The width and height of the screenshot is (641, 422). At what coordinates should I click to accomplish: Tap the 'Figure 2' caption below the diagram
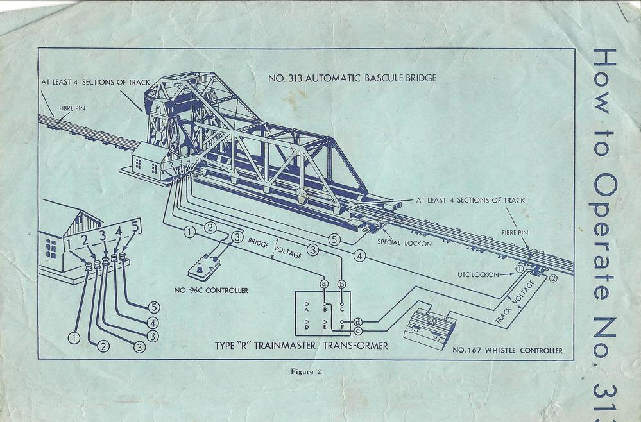303,371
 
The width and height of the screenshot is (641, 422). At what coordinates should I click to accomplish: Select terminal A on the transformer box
308,305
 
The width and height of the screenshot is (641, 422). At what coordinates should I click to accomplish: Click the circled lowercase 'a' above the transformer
324,283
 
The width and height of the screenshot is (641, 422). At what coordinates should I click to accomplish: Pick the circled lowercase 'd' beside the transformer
357,321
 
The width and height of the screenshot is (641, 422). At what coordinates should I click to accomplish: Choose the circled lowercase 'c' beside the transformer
357,330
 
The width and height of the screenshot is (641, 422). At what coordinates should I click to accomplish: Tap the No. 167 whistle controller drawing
429,325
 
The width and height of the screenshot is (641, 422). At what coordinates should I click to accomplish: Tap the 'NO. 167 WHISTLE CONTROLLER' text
508,350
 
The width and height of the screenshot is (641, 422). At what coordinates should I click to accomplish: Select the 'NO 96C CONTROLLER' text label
211,291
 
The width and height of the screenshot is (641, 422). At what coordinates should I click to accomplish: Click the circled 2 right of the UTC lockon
553,278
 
